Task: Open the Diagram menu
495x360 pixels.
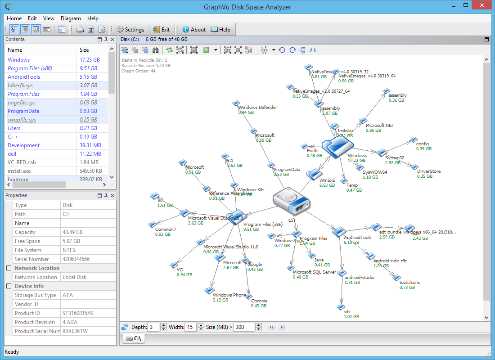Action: click(71, 18)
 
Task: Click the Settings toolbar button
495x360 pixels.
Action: click(130, 30)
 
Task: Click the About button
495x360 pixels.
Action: click(194, 30)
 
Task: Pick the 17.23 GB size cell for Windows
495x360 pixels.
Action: click(90, 60)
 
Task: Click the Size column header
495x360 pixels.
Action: click(84, 50)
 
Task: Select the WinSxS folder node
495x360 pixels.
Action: click(314, 175)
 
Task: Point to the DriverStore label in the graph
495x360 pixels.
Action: click(429, 171)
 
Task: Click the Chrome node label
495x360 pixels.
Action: click(259, 301)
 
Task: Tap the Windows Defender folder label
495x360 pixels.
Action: click(258, 108)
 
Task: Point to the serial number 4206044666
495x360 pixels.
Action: click(76, 259)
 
